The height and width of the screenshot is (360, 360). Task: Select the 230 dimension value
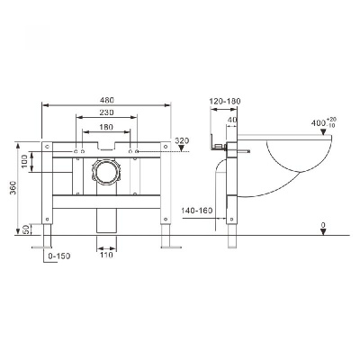pos(107,112)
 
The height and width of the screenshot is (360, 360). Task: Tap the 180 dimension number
pos(106,127)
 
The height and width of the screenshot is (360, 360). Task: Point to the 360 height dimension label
pos(13,188)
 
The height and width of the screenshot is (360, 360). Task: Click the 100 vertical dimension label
pos(24,162)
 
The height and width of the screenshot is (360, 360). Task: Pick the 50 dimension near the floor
pos(26,229)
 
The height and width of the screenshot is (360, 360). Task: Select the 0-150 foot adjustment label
pos(59,256)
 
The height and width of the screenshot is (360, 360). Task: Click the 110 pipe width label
pos(106,256)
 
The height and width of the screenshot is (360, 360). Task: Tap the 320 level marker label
pos(182,140)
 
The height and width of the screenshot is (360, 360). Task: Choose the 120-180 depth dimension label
pos(225,102)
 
